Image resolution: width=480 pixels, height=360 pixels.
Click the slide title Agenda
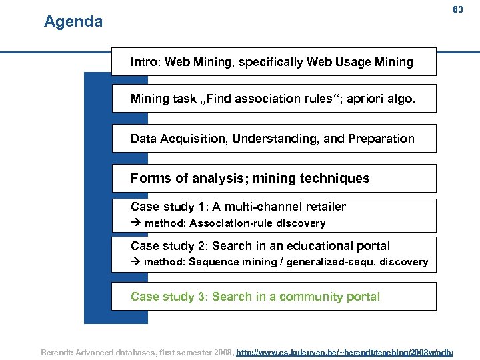[73, 22]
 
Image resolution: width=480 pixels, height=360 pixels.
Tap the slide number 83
[457, 10]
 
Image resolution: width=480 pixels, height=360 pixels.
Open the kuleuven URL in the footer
[345, 351]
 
